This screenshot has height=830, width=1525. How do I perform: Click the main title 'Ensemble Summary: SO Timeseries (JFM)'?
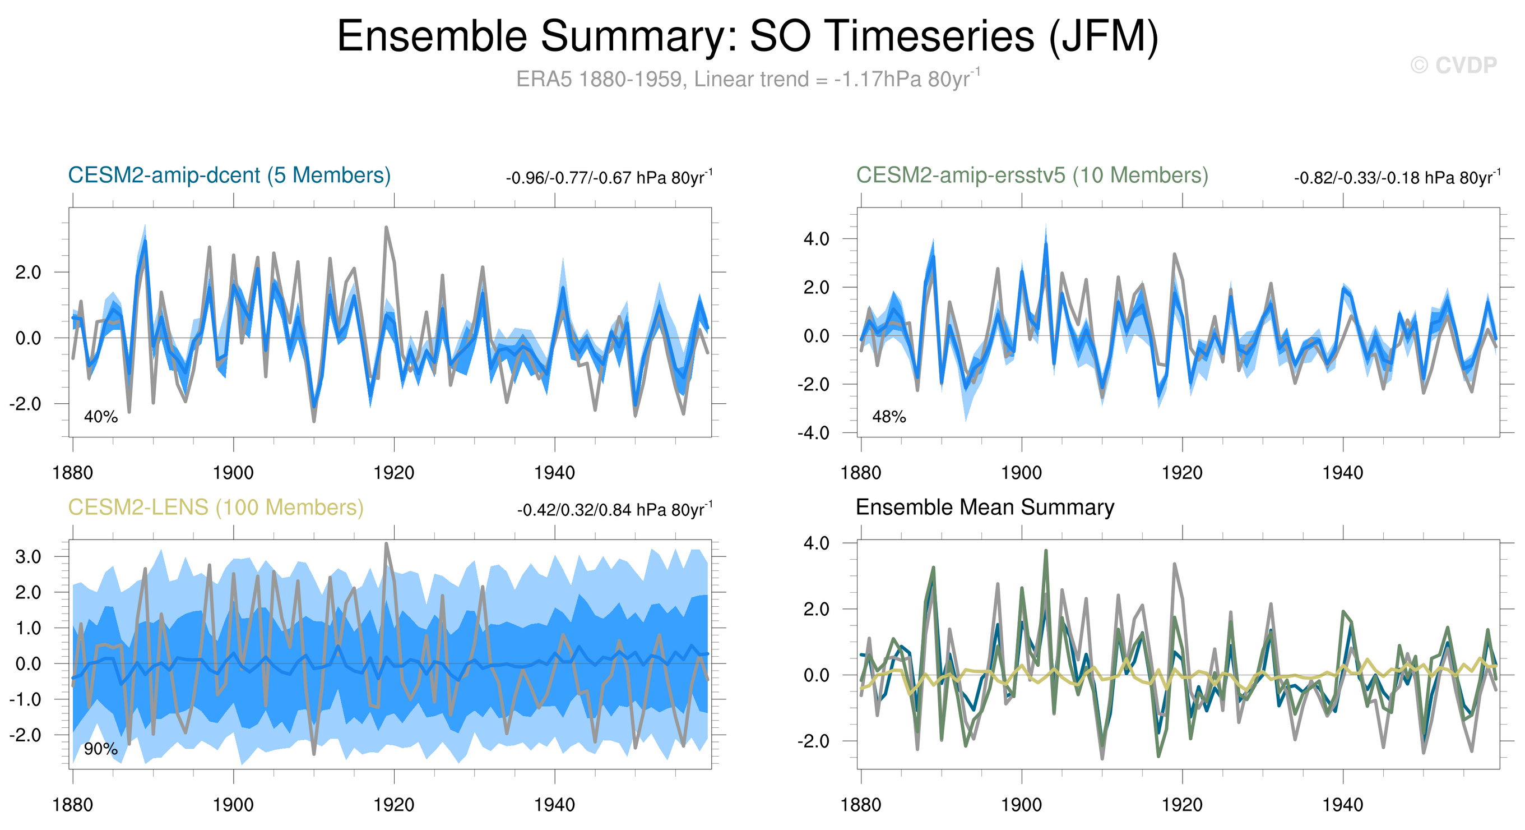[x=747, y=36]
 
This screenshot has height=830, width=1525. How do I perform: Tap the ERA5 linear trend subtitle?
[x=747, y=79]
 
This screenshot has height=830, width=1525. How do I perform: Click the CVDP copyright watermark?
[x=1453, y=65]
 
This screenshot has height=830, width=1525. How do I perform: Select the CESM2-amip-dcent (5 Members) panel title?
[x=229, y=176]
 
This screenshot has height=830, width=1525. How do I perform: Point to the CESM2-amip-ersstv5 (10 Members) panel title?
[x=1032, y=176]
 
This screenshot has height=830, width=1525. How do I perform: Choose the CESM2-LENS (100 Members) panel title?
[x=215, y=508]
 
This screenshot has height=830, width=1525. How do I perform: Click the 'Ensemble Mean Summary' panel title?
[x=985, y=508]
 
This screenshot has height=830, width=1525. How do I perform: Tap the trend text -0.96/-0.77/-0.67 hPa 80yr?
[x=609, y=178]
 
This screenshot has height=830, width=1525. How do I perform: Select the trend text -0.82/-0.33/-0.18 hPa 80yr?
[x=1397, y=178]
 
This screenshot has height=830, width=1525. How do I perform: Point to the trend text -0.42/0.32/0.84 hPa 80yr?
[x=614, y=509]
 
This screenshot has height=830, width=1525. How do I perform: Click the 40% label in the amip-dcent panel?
[x=101, y=417]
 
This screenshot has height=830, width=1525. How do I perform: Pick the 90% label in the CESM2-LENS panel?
[x=101, y=749]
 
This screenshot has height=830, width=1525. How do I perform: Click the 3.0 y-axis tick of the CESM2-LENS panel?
[x=28, y=557]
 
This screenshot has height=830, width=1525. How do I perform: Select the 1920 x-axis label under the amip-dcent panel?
[x=393, y=473]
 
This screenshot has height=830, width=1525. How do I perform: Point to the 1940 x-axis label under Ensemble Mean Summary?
[x=1343, y=805]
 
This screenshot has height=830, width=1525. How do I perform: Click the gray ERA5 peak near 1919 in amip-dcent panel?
[x=386, y=228]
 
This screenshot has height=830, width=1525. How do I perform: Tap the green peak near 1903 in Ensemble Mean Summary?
[x=1046, y=551]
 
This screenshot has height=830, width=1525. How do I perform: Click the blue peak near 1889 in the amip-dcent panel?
[x=145, y=241]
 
